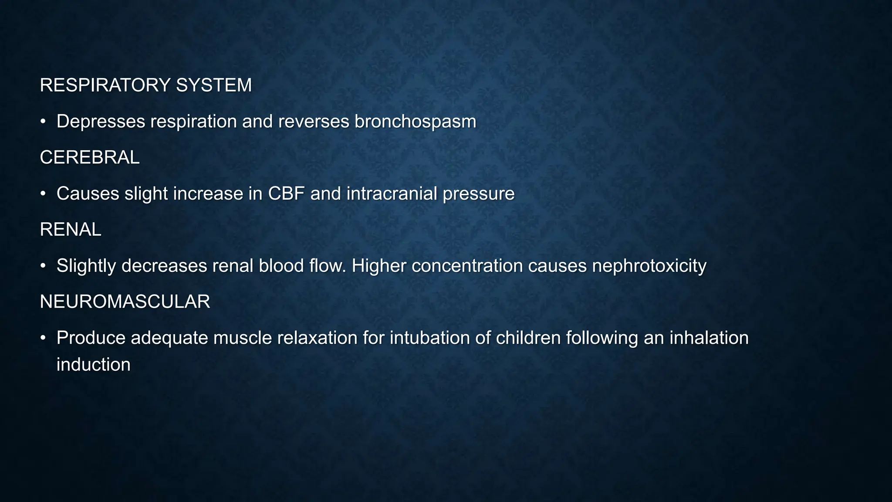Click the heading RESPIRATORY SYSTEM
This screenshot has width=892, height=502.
[145, 85]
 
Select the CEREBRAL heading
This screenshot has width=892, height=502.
[89, 157]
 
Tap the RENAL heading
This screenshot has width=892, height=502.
[70, 230]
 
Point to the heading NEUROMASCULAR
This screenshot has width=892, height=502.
[125, 302]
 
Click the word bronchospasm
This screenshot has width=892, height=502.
[415, 122]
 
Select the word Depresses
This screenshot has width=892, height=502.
[101, 122]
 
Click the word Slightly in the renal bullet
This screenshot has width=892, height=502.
[86, 266]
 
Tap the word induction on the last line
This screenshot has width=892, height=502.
[93, 365]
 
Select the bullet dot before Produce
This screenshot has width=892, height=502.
[43, 338]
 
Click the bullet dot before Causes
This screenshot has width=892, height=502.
[43, 193]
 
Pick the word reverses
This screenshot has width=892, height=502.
[313, 122]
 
